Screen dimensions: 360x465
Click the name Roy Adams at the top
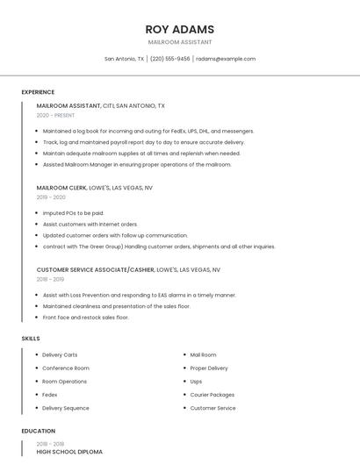(x=179, y=29)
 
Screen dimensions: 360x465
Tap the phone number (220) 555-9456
(x=169, y=59)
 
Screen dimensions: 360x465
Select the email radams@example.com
(x=226, y=59)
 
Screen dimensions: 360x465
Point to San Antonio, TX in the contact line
(x=124, y=59)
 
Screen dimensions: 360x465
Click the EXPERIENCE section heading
(x=38, y=92)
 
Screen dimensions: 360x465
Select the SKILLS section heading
(x=31, y=338)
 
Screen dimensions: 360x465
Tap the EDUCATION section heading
(x=38, y=431)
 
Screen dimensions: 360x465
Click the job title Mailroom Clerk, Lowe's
(x=95, y=188)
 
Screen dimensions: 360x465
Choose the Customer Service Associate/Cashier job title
(x=128, y=270)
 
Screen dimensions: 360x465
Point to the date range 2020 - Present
(x=55, y=115)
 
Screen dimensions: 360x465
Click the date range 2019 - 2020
(x=51, y=197)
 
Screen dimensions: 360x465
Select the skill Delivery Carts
(x=60, y=354)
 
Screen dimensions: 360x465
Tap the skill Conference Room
(x=66, y=368)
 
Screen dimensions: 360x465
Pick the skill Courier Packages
(x=212, y=395)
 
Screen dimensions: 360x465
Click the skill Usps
(x=196, y=382)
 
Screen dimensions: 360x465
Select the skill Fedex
(x=50, y=395)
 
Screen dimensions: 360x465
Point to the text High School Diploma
(x=69, y=452)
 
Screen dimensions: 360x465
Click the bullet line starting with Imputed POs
(x=73, y=213)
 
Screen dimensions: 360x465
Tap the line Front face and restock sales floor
(x=86, y=318)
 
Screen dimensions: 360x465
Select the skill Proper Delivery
(x=209, y=368)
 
